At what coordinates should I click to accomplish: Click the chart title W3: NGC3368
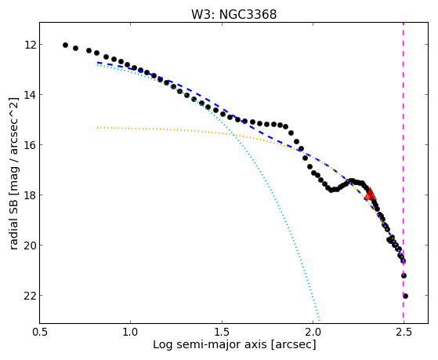233,15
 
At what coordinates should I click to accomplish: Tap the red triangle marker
370,195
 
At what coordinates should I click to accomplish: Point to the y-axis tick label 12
30,45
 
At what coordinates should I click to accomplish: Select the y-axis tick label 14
30,95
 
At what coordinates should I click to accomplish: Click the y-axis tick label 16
30,145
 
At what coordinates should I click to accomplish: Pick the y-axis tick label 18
30,195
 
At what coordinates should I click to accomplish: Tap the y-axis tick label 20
30,245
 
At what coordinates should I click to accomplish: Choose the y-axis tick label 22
30,296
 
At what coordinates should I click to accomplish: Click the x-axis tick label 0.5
39,332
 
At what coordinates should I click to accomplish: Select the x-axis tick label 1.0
130,332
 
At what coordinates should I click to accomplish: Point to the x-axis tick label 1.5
222,332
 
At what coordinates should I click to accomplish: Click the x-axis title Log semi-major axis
210,344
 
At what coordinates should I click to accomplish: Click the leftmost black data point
65,45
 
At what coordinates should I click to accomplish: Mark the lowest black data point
406,296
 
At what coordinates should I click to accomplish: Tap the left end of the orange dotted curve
97,128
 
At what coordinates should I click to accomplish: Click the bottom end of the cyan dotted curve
319,320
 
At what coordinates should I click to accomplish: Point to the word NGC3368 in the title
248,15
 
